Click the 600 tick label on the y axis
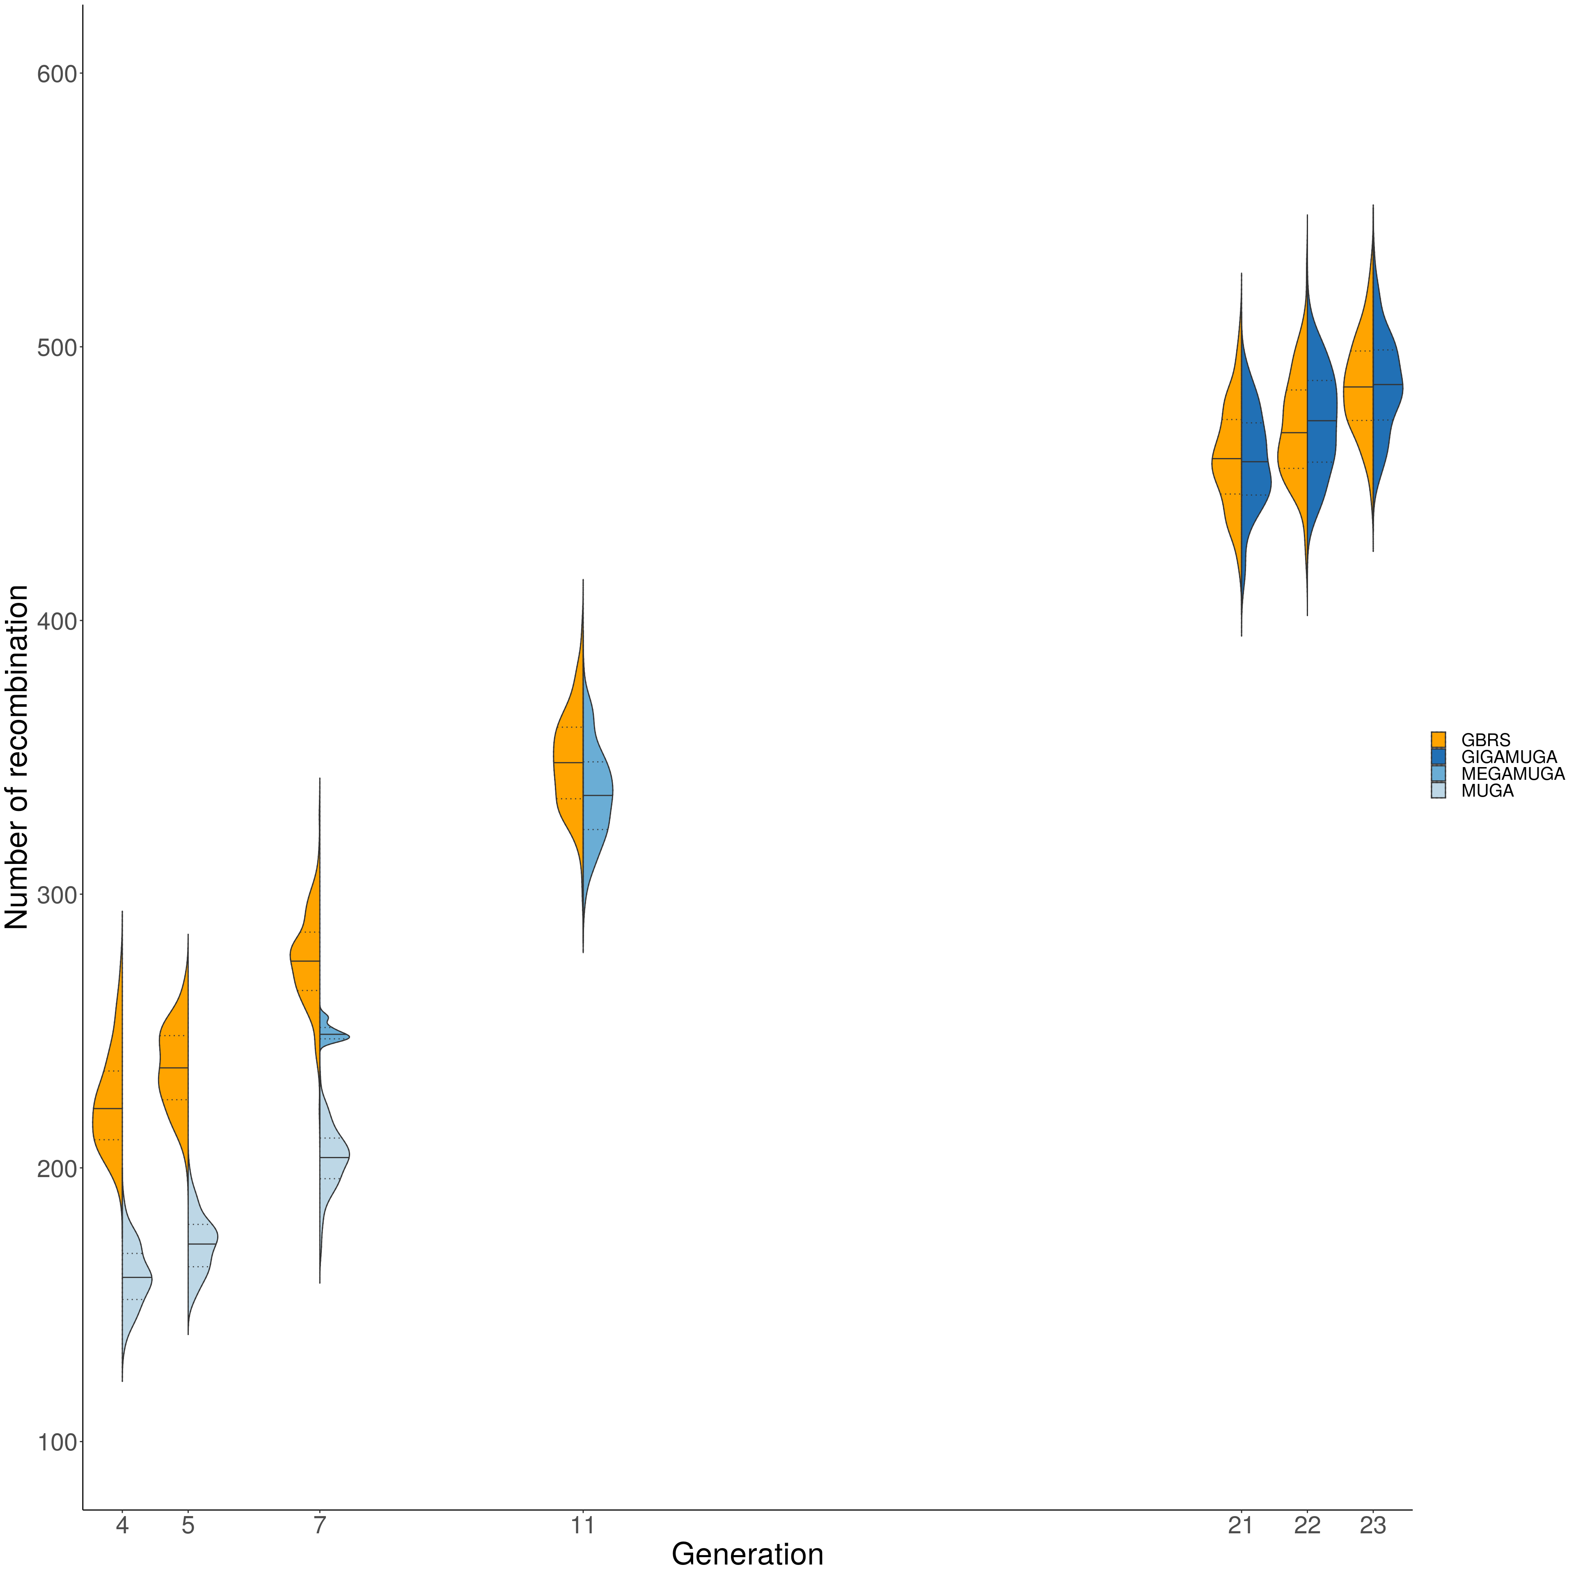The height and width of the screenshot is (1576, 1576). (x=57, y=74)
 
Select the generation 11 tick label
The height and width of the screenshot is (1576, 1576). (x=582, y=1526)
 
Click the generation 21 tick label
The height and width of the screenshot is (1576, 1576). (x=1241, y=1526)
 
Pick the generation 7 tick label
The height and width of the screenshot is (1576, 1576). (x=320, y=1526)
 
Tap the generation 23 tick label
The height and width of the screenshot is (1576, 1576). (x=1373, y=1526)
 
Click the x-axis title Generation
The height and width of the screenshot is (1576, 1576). (x=747, y=1555)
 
